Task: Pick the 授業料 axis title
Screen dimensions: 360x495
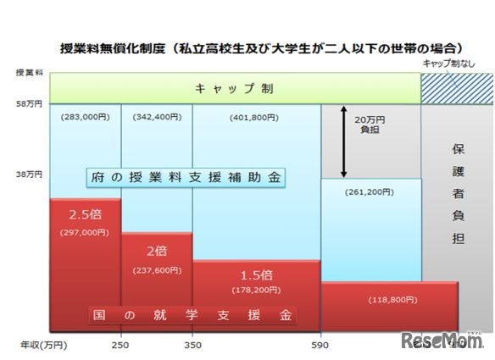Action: [29, 73]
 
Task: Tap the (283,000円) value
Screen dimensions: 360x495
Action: [85, 118]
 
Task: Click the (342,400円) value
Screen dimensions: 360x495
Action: [156, 118]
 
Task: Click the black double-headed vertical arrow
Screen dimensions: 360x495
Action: [343, 141]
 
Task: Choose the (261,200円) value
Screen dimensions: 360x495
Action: [370, 192]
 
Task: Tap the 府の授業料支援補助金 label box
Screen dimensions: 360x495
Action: [186, 178]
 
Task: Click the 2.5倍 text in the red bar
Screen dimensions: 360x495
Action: [85, 214]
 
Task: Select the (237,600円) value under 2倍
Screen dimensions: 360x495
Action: [157, 271]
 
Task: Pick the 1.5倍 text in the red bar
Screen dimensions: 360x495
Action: [255, 274]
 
